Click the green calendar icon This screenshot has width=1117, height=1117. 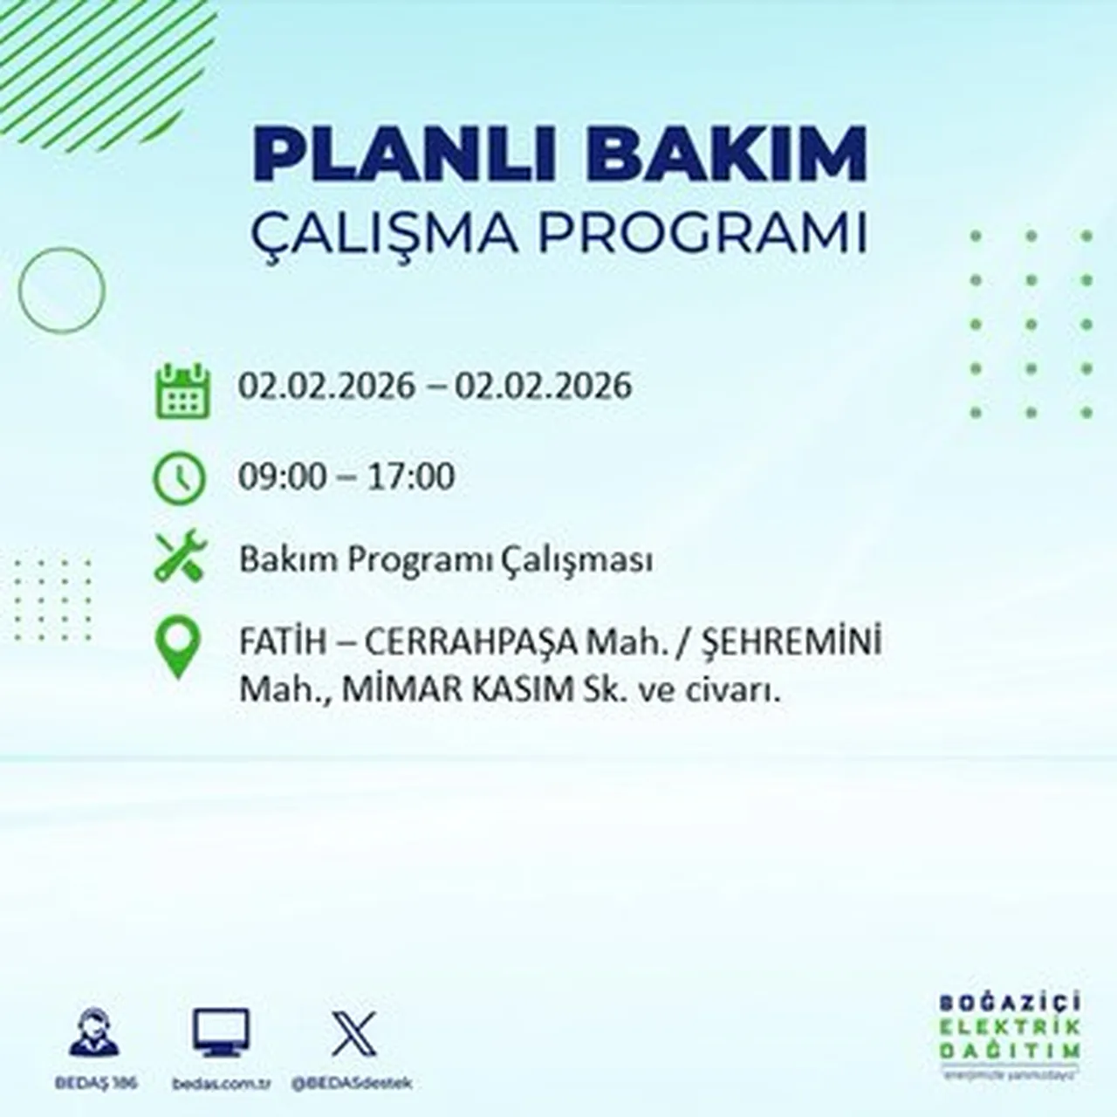click(x=182, y=390)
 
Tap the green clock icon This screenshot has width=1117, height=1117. click(x=179, y=478)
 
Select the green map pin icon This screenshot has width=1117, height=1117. click(x=178, y=648)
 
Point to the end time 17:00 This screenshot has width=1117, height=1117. click(x=411, y=477)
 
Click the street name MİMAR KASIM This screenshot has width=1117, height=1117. click(x=455, y=690)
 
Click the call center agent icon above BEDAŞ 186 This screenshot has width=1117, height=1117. click(x=94, y=1033)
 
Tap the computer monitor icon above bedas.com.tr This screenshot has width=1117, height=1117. click(x=221, y=1033)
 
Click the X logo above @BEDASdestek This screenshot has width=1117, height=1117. click(x=353, y=1033)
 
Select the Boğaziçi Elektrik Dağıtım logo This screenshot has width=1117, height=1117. click(x=1011, y=1035)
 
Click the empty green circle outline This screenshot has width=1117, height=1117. click(x=61, y=290)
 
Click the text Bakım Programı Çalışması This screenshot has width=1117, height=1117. click(x=446, y=560)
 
